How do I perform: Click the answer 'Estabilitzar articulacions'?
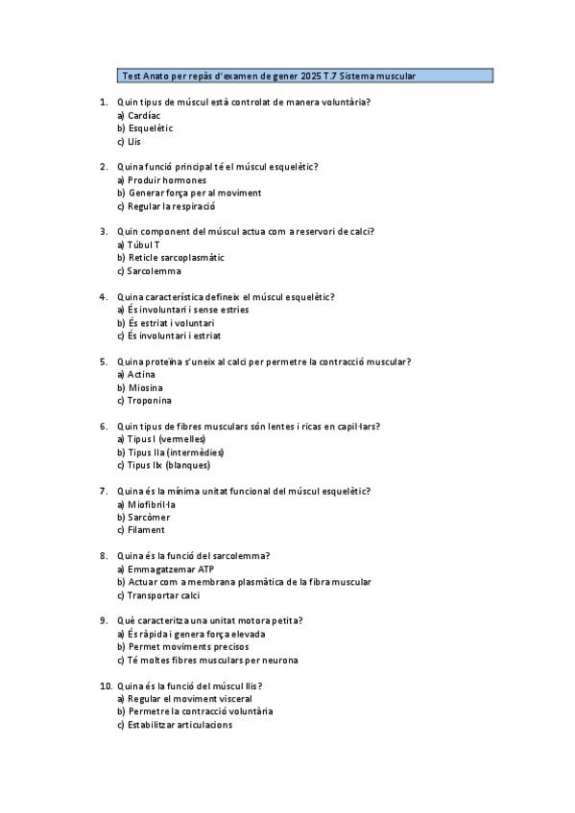tap(179, 725)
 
